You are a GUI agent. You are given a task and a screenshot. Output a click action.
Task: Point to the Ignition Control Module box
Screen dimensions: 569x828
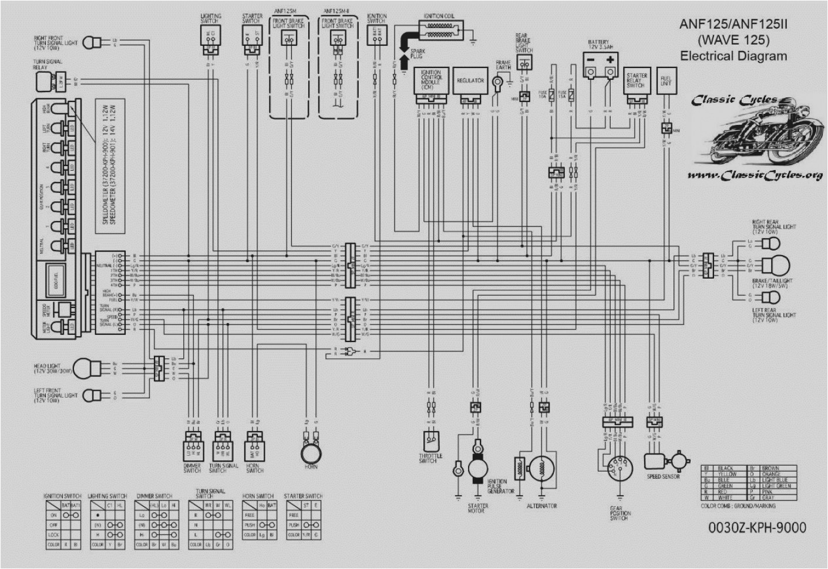coord(432,82)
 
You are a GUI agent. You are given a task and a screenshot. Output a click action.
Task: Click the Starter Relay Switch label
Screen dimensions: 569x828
coord(636,80)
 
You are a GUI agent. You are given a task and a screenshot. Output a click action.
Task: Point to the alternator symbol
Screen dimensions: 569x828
coord(541,469)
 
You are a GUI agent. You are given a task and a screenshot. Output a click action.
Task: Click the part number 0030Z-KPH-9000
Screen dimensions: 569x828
coord(757,527)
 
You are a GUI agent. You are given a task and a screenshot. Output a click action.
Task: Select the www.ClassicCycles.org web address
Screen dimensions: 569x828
coord(755,175)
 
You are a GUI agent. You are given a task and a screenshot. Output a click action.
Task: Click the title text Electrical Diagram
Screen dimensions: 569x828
coord(733,56)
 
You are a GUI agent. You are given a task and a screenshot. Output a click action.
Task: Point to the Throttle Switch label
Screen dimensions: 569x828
coord(430,458)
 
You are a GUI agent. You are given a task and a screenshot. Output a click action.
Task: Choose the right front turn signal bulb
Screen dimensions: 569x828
coord(89,42)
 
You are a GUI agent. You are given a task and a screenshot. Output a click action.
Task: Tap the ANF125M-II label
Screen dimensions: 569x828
coord(337,11)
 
